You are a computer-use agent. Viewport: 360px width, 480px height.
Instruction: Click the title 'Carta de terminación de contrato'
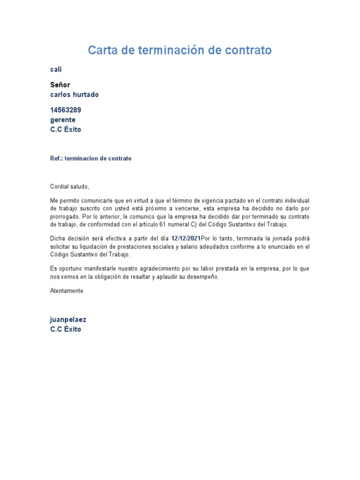click(180, 50)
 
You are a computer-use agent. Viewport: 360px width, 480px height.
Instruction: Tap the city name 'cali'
click(56, 69)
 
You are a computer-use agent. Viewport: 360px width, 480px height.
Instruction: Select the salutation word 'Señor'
click(60, 85)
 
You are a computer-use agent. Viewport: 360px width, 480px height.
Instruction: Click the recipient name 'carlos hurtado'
click(74, 95)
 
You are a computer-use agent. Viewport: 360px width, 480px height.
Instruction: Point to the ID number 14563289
click(68, 110)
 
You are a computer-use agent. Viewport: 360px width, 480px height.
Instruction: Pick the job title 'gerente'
click(63, 120)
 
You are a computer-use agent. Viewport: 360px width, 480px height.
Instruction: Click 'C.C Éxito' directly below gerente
click(66, 130)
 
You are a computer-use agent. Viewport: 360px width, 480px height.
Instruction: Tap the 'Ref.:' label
click(56, 158)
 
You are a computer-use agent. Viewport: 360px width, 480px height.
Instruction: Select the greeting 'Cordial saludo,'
click(69, 186)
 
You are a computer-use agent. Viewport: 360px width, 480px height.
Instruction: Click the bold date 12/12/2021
click(186, 238)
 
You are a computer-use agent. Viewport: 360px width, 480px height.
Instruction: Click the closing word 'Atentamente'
click(67, 291)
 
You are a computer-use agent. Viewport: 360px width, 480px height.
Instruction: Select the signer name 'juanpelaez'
click(68, 320)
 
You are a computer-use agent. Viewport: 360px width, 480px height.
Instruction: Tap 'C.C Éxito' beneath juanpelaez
click(66, 329)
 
